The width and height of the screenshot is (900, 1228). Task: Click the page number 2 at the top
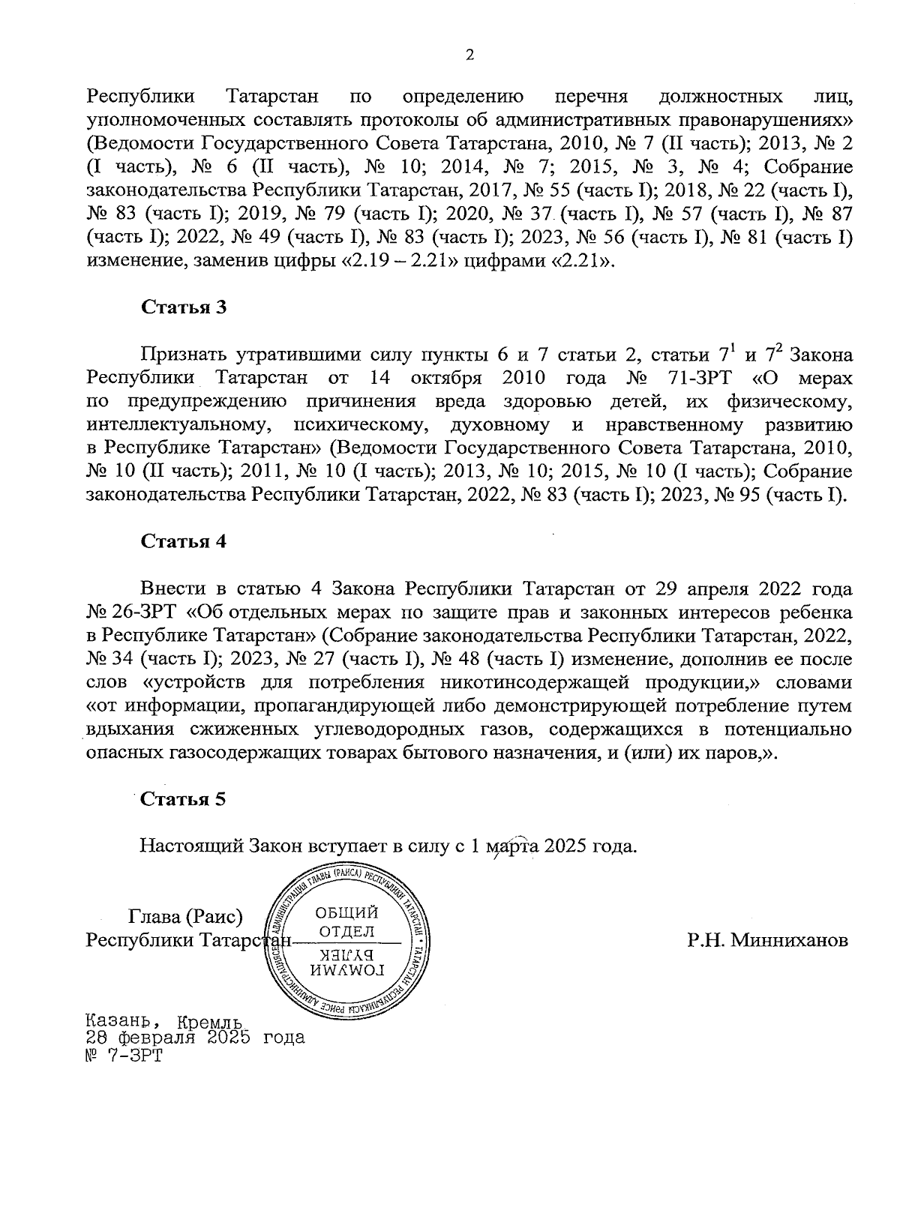pos(470,55)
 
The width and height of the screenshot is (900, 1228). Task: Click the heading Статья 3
pos(184,308)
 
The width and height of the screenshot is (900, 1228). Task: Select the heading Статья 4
pos(184,542)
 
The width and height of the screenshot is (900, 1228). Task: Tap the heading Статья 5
pos(184,798)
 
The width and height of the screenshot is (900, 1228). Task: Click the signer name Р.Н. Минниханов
pos(768,940)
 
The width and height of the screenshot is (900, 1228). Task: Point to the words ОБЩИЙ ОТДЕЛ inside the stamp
pos(346,922)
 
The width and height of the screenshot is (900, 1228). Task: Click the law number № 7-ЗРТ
pos(124,1056)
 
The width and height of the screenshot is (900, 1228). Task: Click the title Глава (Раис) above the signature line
pos(187,917)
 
